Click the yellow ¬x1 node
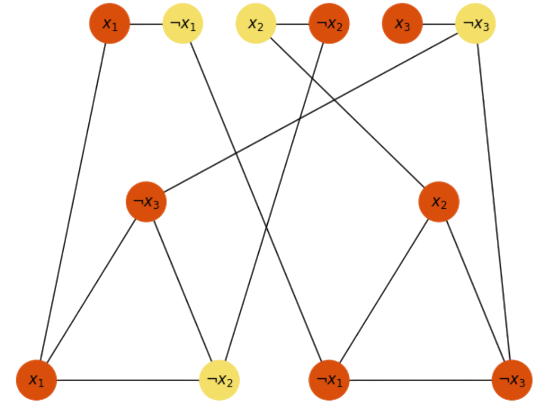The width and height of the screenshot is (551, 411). coord(183,24)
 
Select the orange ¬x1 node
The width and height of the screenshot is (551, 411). coord(329,380)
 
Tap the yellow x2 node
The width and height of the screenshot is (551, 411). coord(256,24)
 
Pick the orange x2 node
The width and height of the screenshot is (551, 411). coord(439,202)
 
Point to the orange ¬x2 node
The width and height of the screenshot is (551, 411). coord(329,24)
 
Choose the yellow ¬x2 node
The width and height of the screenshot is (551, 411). coord(220,380)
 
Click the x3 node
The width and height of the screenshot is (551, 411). coord(402,24)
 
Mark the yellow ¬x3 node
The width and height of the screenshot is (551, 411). coord(475,24)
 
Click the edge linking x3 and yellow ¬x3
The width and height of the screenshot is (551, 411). coord(439,24)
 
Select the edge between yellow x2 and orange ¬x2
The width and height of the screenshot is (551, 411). coord(293,24)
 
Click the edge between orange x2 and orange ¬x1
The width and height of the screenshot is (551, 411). coord(384,290)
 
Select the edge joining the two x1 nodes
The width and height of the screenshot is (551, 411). coord(73,202)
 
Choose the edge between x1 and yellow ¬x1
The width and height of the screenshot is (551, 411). coord(146,24)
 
